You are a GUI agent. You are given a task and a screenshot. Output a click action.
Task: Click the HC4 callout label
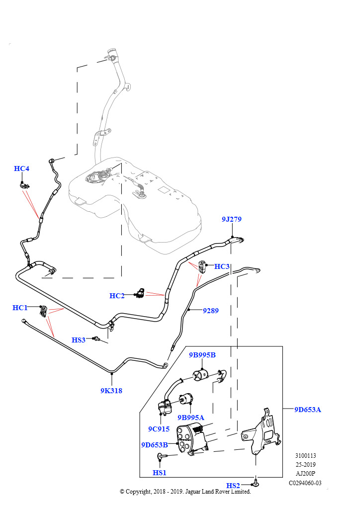[x=21, y=169]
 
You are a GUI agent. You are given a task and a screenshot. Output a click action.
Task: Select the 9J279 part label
[x=231, y=219]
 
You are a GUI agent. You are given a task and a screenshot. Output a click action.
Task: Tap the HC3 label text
[x=222, y=266]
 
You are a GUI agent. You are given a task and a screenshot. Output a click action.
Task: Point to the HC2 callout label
[x=117, y=296]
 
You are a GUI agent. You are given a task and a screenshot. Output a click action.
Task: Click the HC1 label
[x=20, y=308]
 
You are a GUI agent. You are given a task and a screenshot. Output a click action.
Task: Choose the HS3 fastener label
[x=79, y=340]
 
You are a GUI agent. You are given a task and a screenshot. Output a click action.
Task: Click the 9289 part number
[x=211, y=311]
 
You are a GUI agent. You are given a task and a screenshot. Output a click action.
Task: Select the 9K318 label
[x=111, y=391]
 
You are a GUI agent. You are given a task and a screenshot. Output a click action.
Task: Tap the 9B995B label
[x=202, y=355]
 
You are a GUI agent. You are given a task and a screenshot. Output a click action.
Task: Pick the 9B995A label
[x=191, y=418]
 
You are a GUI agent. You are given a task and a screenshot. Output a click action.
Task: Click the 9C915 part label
[x=159, y=429]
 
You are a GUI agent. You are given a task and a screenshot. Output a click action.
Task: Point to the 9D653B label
[x=155, y=445]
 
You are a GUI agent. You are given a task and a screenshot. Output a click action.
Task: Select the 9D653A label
[x=308, y=410]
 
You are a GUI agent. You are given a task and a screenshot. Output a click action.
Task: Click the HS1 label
[x=160, y=473]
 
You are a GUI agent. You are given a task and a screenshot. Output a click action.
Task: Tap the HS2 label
[x=233, y=486]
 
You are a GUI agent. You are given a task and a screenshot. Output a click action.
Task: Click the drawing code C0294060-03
[x=305, y=483]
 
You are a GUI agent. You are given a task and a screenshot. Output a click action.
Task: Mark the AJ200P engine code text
[x=305, y=474]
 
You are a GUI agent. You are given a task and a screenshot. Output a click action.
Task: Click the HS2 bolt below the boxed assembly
[x=256, y=483]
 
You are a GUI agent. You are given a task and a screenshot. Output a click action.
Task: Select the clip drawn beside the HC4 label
[x=23, y=186]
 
